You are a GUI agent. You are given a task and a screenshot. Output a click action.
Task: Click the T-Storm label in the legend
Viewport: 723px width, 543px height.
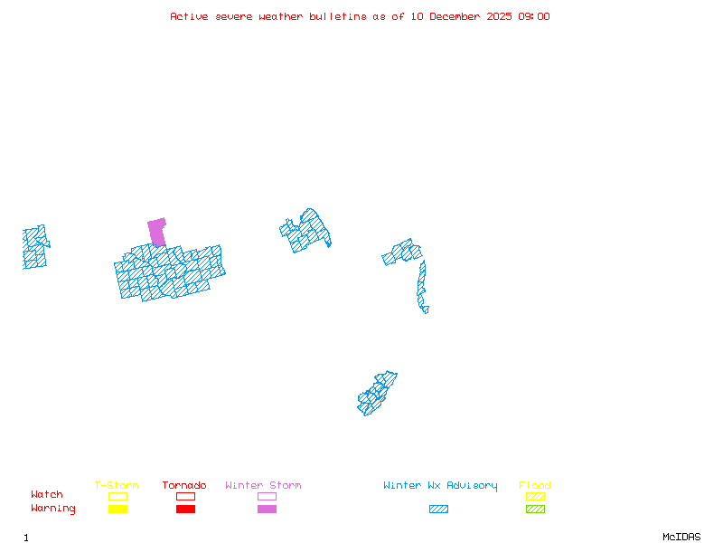117,486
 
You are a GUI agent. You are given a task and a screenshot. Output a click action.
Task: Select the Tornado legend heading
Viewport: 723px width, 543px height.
184,486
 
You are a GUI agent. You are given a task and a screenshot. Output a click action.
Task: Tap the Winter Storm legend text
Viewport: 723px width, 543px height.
263,486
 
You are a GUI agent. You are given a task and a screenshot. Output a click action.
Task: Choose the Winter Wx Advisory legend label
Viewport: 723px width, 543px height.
440,486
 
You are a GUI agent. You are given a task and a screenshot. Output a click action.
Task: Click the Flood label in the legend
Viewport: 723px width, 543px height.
535,486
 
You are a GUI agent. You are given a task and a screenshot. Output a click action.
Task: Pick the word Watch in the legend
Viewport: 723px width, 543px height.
47,495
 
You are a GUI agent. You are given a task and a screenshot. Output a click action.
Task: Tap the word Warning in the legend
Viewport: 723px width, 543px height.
53,509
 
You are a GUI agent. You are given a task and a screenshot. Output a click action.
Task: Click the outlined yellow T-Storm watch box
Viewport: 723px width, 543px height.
117,496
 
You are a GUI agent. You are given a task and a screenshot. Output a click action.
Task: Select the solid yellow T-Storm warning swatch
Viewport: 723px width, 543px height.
117,510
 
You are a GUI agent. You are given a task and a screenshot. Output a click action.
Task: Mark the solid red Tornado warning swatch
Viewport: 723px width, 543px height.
185,510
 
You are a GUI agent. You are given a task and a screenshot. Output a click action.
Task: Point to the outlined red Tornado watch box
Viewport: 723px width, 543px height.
185,496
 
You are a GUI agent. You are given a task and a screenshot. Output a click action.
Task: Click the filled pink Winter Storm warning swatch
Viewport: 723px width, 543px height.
267,510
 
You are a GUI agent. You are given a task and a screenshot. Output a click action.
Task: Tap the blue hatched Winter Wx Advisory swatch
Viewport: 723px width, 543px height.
438,510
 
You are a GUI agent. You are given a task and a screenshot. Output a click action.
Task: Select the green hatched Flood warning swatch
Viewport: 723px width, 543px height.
535,510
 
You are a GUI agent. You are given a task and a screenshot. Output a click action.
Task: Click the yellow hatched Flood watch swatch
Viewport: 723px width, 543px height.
535,496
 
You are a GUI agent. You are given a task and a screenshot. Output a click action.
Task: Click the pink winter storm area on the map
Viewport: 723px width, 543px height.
157,230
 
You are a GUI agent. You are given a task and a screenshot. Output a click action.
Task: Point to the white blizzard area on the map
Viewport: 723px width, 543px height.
430,309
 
